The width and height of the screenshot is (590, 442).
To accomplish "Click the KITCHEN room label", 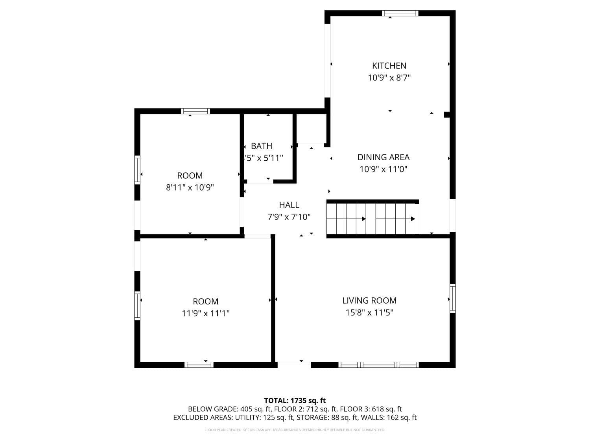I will [x=389, y=66].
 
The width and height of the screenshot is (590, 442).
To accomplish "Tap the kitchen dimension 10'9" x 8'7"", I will [x=389, y=78].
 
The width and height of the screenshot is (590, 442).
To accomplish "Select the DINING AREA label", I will [x=383, y=157].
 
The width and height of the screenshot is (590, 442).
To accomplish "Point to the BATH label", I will [x=262, y=146].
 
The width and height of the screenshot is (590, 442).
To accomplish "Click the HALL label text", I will [x=289, y=205].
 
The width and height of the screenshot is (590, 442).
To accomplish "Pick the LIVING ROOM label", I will [x=369, y=301].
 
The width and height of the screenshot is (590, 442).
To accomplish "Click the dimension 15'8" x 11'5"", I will [x=369, y=313].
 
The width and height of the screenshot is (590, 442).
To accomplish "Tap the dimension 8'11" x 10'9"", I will [x=190, y=187].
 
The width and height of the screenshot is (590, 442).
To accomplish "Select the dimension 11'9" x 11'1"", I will [x=205, y=314].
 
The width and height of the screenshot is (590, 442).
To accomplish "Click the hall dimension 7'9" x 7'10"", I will [x=289, y=217].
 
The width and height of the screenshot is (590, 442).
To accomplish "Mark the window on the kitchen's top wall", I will [x=400, y=13].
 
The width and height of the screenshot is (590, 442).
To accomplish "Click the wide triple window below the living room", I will [x=378, y=365].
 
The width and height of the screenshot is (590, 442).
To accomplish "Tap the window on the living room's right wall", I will [x=453, y=299].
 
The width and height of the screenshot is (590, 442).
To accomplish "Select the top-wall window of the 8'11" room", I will [x=195, y=112].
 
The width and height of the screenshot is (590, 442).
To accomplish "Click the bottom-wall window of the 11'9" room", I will [x=199, y=365].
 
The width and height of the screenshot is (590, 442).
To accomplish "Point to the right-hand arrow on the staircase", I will [x=413, y=219].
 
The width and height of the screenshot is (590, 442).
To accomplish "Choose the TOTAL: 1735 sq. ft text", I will [x=295, y=401].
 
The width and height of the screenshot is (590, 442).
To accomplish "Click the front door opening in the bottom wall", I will [x=294, y=365].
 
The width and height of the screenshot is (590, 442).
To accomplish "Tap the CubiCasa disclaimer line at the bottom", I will [x=295, y=430].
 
